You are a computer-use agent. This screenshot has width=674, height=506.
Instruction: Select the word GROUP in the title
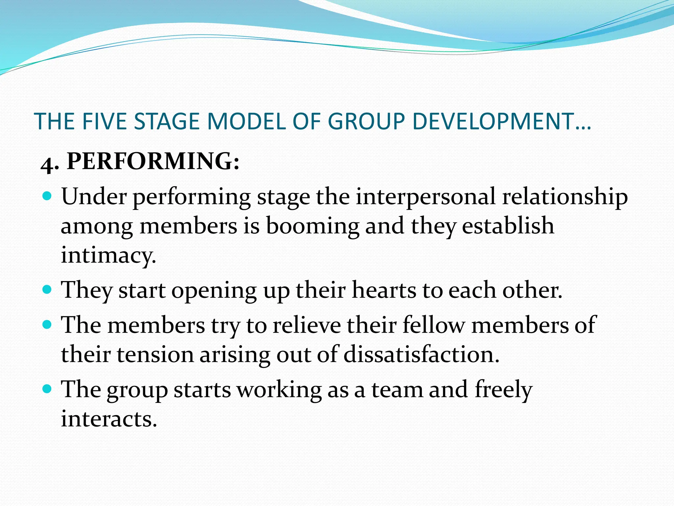[x=366, y=121]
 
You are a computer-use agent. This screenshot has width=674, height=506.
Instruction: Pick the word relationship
[x=565, y=197]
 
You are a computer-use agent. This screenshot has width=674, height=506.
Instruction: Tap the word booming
[x=312, y=226]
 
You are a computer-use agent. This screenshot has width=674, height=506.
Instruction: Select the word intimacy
[x=108, y=255]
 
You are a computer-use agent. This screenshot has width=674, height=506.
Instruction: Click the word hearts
[x=384, y=290]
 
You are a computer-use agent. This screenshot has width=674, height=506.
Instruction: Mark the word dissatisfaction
[x=422, y=355]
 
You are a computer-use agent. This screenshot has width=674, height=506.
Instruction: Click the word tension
[x=155, y=355]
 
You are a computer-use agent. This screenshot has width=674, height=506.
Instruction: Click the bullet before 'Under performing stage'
[x=48, y=197]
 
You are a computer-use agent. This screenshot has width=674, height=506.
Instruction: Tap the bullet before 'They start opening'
[x=48, y=290]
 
